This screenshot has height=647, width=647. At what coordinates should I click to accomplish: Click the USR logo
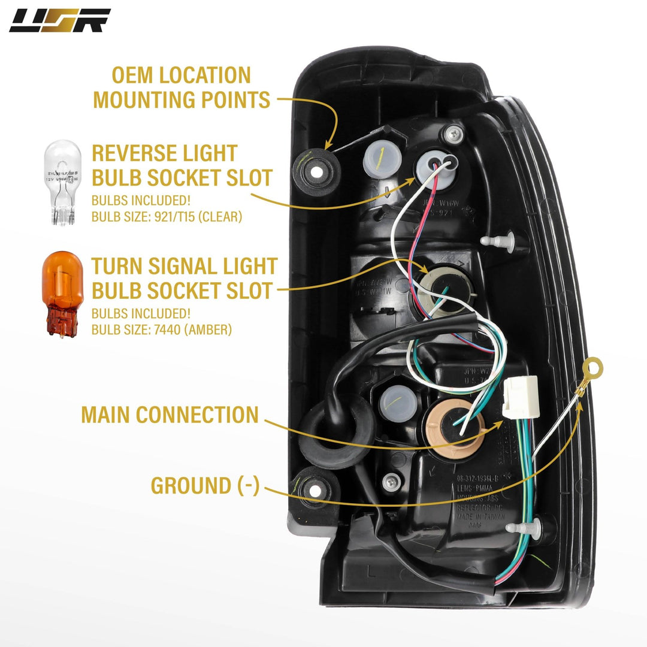(59, 20)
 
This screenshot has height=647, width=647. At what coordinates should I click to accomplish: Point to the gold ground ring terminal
(593, 366)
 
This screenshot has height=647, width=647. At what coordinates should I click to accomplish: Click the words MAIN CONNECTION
(170, 415)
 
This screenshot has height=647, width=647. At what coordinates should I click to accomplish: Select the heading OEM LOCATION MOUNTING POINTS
(182, 87)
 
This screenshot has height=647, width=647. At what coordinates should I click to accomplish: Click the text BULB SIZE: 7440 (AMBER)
(162, 329)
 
